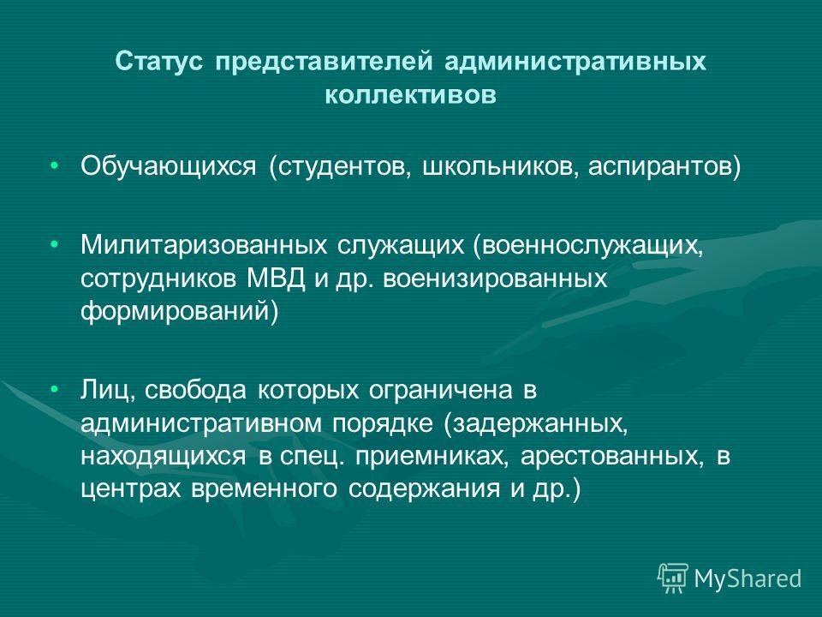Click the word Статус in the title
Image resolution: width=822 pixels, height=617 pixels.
pos(159,62)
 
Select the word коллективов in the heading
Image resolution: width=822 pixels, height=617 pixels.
pos(410,95)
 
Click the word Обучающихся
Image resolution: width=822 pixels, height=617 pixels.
pos(169,167)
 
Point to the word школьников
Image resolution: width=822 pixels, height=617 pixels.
pos(501,167)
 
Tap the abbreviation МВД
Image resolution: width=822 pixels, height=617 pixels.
pos(276,278)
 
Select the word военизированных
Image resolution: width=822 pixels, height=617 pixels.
pos(495,279)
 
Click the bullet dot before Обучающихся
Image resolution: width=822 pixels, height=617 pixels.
pos(54,166)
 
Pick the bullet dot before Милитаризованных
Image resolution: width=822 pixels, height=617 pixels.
pos(54,244)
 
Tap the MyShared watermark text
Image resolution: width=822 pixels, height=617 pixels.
pos(748,579)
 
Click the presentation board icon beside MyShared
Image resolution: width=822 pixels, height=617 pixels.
pos(673,578)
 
